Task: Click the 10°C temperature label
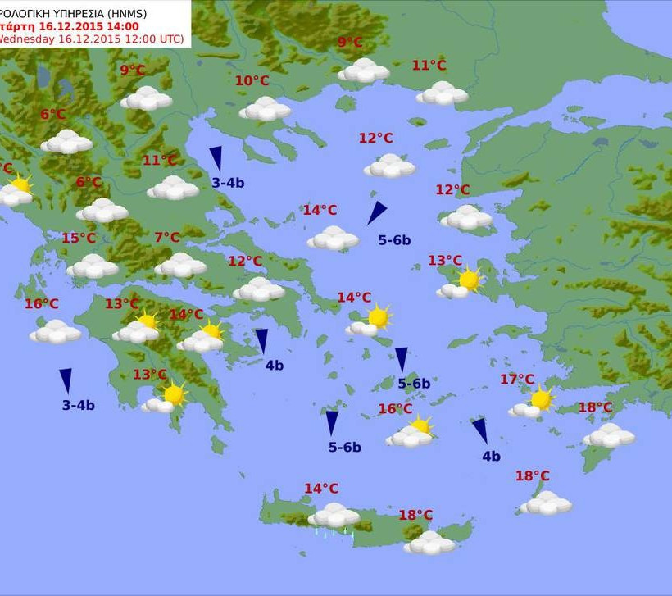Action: coord(252,80)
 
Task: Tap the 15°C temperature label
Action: coord(79,239)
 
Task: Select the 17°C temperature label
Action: coord(517,380)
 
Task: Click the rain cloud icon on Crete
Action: coord(334,517)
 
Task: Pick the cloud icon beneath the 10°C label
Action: coord(265,109)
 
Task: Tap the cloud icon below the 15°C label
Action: coord(92,266)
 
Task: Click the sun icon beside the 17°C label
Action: coord(540,399)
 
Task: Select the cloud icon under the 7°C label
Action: coord(180,265)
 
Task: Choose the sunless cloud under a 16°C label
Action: coord(55,331)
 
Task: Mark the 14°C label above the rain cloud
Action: coord(321,489)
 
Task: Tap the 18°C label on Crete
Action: coord(415,515)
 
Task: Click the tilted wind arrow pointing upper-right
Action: coord(376,212)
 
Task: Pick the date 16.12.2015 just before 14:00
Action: coord(70,25)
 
